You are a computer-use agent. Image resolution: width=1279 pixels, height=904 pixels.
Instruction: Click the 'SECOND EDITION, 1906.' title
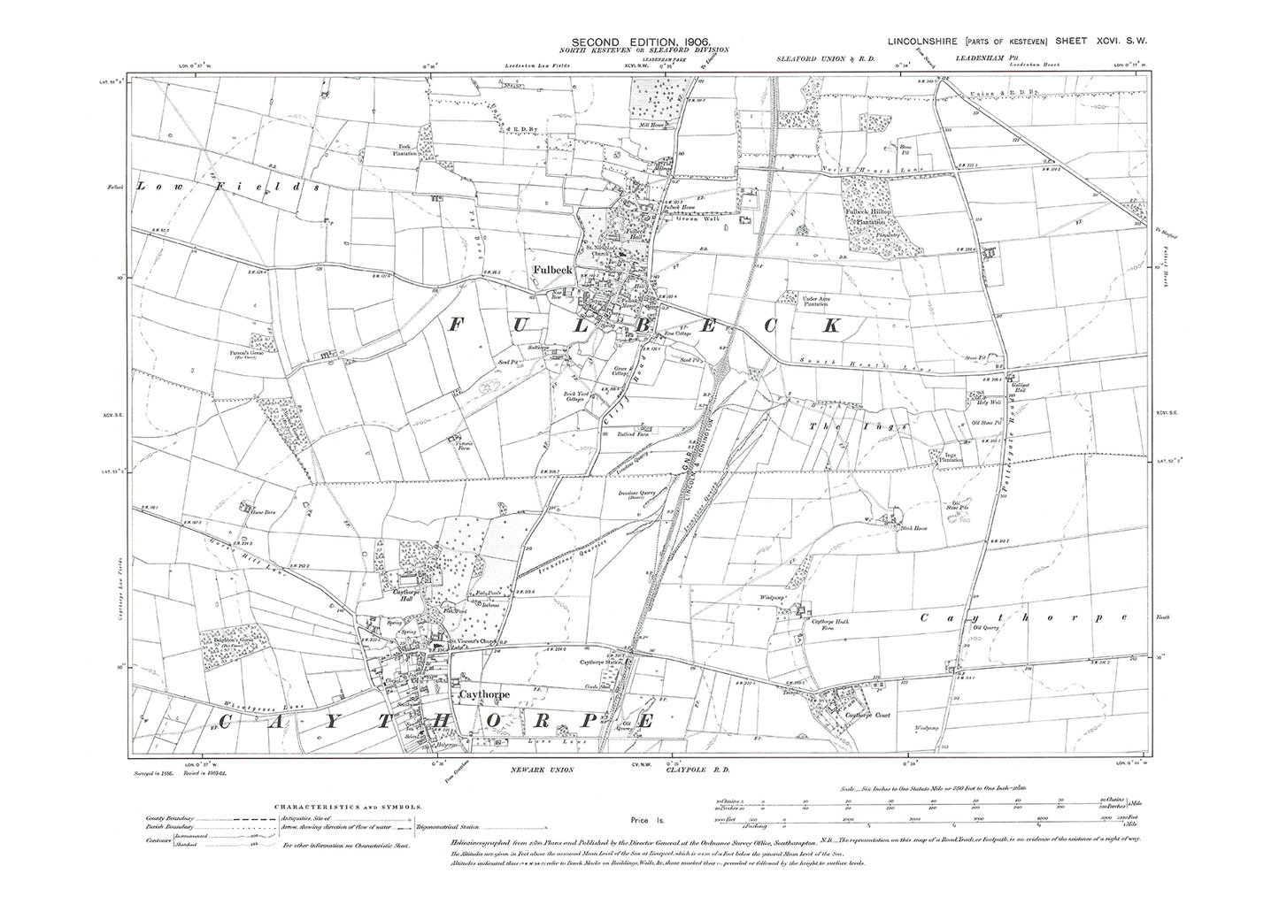click(x=640, y=42)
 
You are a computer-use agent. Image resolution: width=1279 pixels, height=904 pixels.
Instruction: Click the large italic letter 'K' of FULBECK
click(x=829, y=326)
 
